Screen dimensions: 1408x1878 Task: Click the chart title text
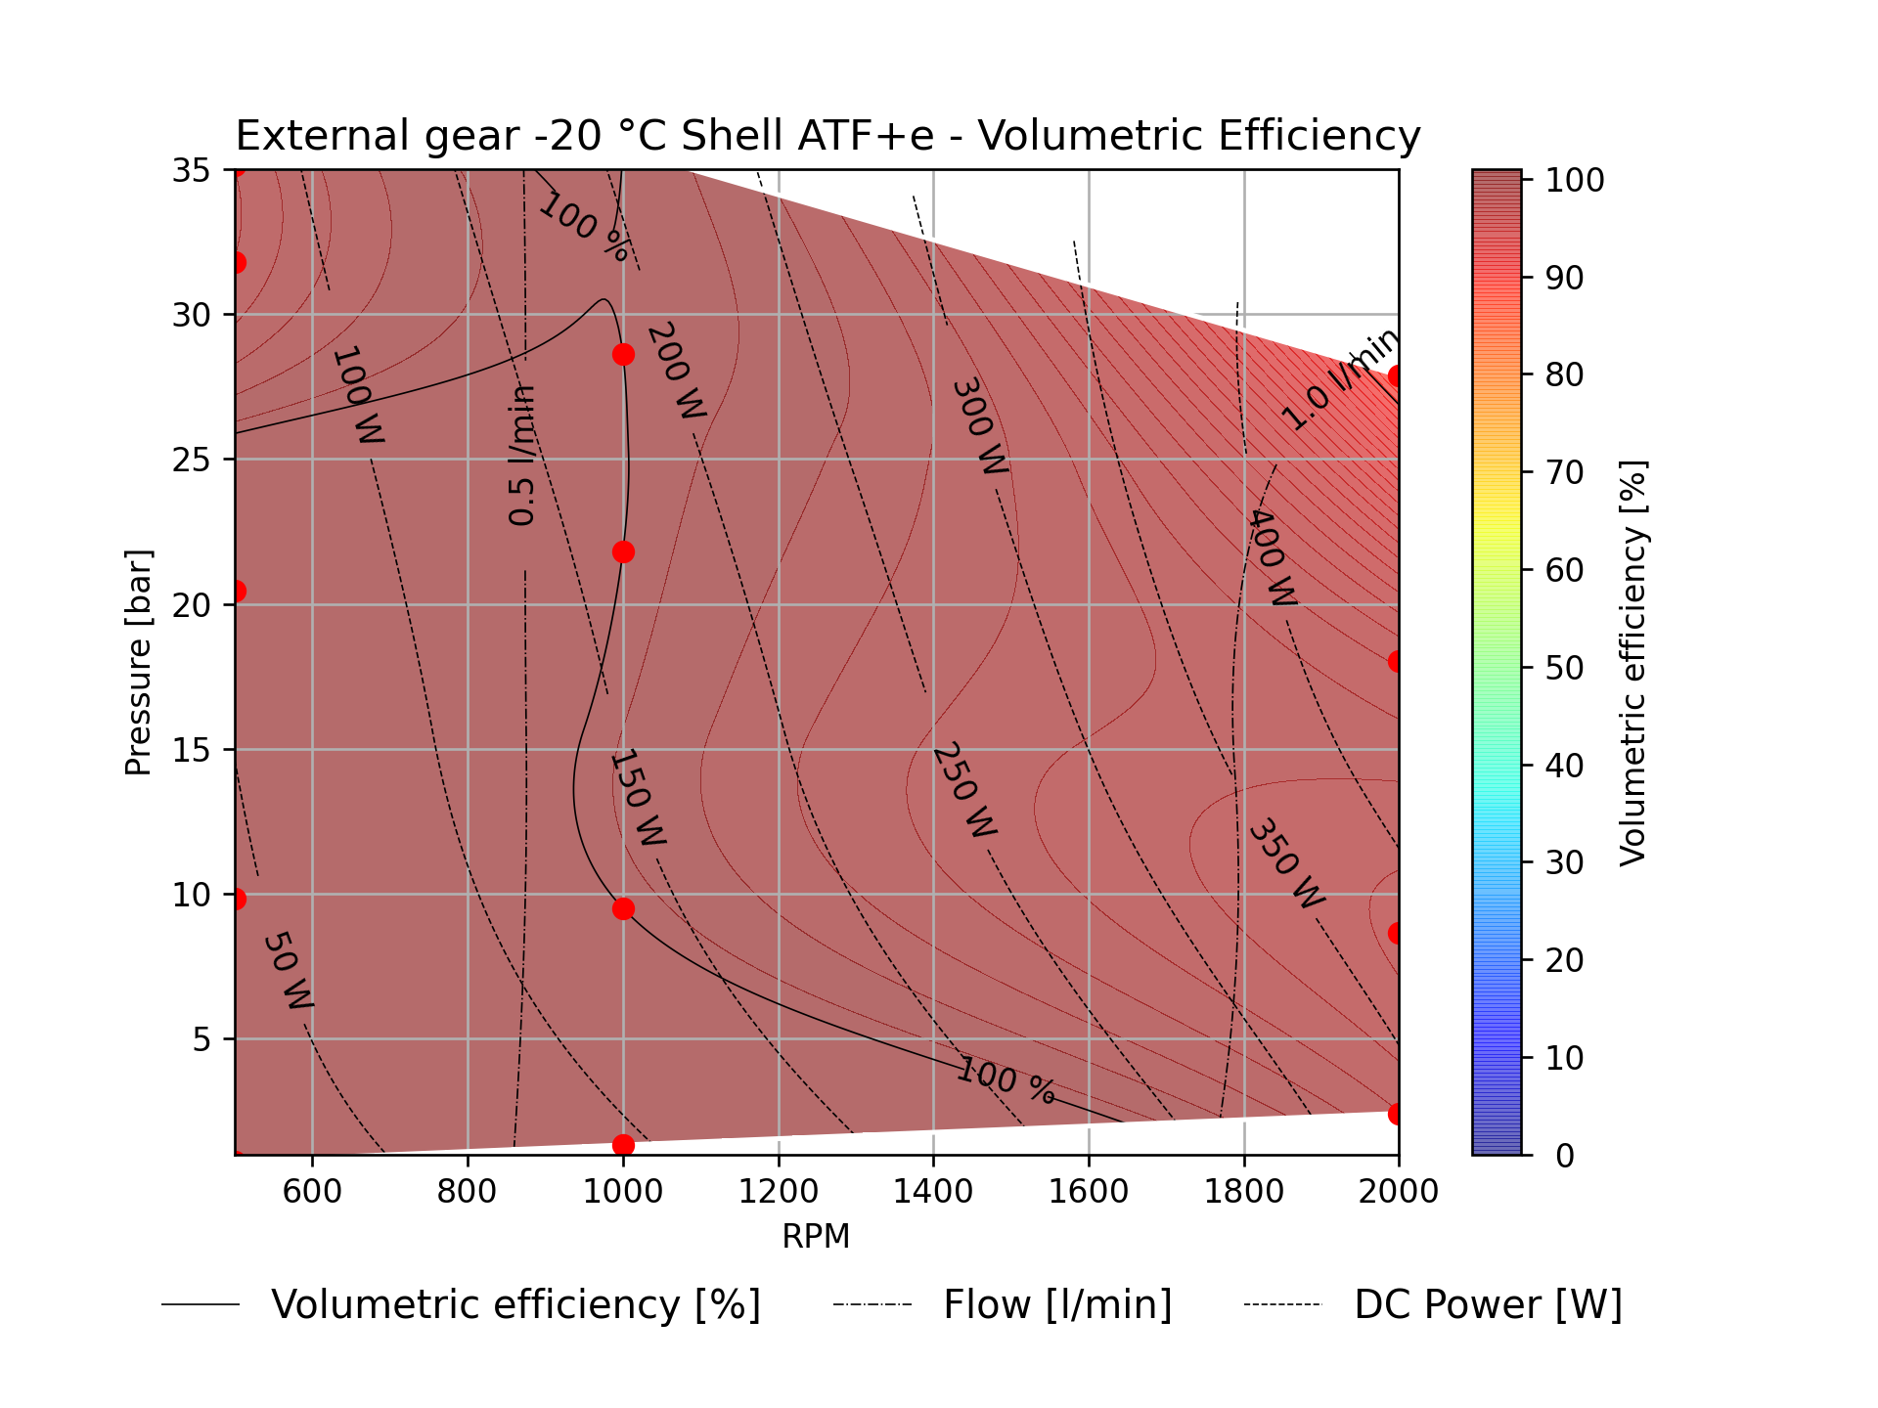[827, 136]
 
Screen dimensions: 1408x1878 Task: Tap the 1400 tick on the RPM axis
[932, 1191]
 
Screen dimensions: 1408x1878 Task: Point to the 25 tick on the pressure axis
[191, 460]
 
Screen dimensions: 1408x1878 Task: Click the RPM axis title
[816, 1237]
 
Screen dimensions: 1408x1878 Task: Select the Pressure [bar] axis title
[139, 662]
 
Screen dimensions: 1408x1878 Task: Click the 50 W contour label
[288, 970]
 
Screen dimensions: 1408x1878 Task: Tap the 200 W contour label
[676, 372]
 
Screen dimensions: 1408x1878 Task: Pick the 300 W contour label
[979, 427]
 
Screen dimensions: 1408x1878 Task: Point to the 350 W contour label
[1286, 862]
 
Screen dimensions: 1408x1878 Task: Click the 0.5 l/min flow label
[522, 455]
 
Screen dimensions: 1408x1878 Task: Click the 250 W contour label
[964, 790]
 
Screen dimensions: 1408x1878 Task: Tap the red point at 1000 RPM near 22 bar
[623, 552]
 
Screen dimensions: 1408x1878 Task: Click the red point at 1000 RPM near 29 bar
[623, 354]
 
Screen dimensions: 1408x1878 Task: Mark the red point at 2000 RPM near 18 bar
[1397, 661]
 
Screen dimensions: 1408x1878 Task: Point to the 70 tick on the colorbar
[1564, 472]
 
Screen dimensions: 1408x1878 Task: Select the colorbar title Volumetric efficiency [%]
[1632, 662]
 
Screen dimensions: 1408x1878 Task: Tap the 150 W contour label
[638, 798]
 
